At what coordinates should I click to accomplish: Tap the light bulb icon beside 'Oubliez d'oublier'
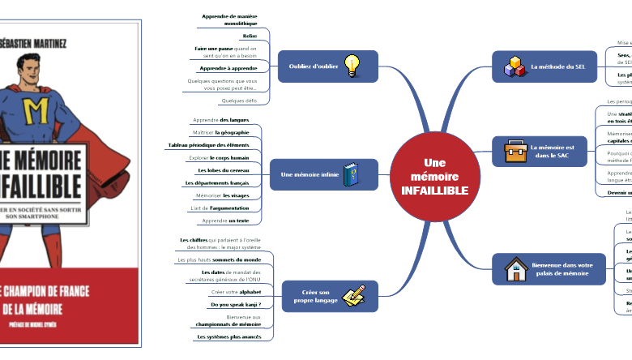(352, 65)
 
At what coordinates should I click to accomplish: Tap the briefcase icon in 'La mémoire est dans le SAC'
(515, 151)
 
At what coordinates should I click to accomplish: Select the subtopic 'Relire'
(250, 36)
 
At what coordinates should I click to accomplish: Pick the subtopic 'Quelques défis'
(238, 101)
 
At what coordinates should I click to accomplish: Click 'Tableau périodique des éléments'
(208, 144)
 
